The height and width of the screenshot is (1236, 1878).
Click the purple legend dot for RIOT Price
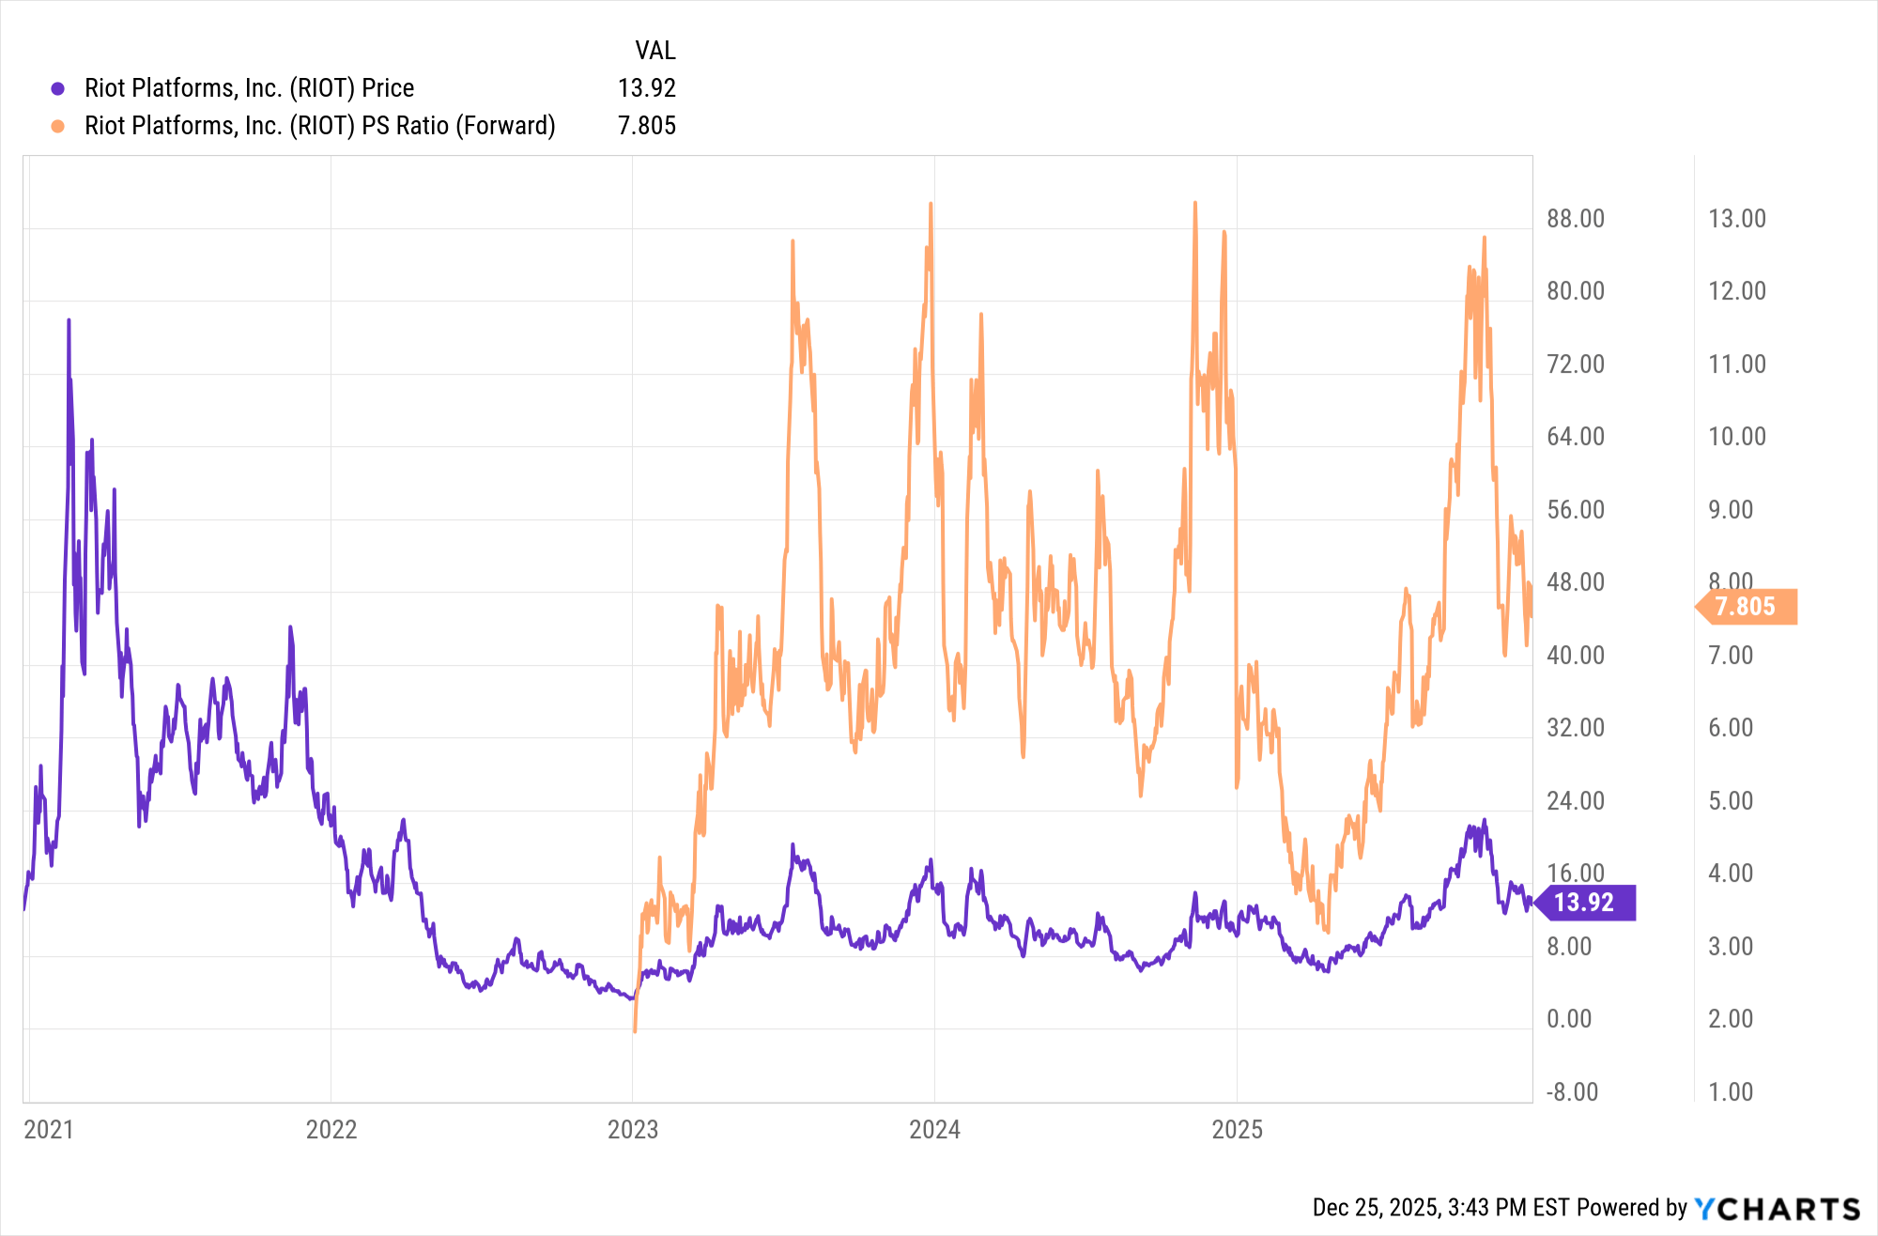57,88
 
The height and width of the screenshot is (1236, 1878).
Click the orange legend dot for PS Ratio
57,126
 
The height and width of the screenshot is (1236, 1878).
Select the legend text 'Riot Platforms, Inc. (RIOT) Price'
249,88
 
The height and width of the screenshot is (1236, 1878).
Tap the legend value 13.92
646,88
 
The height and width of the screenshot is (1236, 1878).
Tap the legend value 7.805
646,126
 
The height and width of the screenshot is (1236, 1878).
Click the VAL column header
654,51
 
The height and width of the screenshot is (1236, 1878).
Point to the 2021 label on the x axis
49,1129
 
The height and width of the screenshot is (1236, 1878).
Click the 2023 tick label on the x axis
633,1129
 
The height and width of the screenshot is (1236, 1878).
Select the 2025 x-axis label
1237,1129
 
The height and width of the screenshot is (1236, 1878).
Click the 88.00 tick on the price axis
1576,219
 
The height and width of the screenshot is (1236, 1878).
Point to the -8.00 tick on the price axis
1572,1092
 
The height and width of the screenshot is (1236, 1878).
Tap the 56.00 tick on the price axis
1576,510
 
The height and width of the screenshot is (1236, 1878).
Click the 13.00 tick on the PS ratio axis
1736,219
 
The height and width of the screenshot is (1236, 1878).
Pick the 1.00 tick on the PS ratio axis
1731,1092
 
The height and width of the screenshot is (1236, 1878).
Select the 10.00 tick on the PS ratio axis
1736,437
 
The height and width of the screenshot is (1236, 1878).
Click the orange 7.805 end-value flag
1746,607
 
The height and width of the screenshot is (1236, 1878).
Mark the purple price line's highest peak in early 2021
69,321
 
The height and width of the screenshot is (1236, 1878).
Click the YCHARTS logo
1777,1208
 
